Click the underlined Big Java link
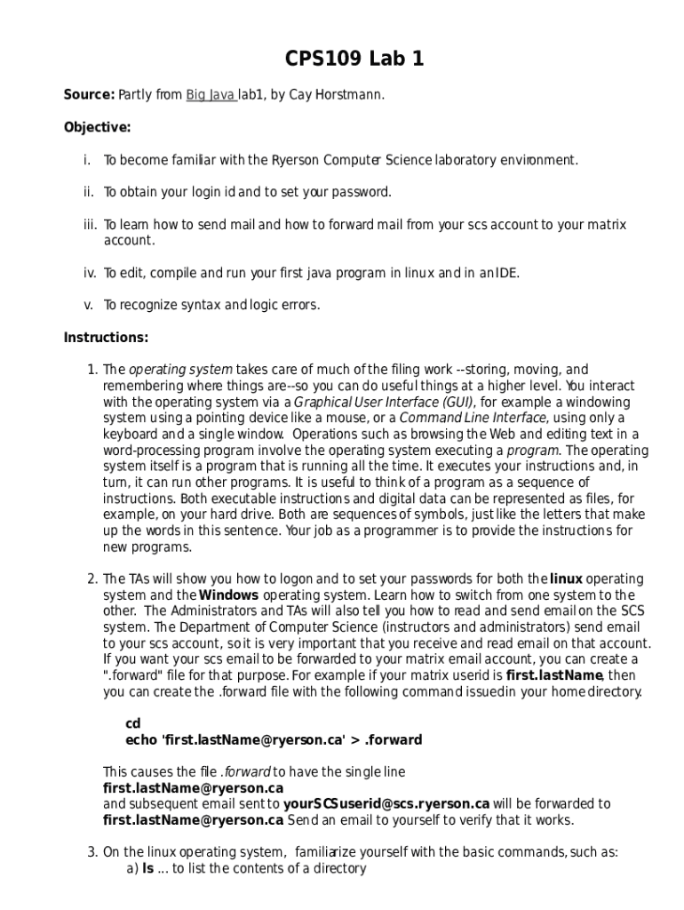(x=210, y=95)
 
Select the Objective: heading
(x=97, y=127)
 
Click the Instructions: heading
(x=106, y=337)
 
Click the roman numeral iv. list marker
(x=90, y=273)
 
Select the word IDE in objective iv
(x=504, y=273)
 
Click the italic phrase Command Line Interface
(x=473, y=418)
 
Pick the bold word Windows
(x=229, y=595)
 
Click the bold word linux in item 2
(x=566, y=579)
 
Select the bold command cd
(x=133, y=723)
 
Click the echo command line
(x=261, y=739)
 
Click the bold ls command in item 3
(x=147, y=868)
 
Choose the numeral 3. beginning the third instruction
(x=91, y=852)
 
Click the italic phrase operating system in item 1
(x=181, y=370)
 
